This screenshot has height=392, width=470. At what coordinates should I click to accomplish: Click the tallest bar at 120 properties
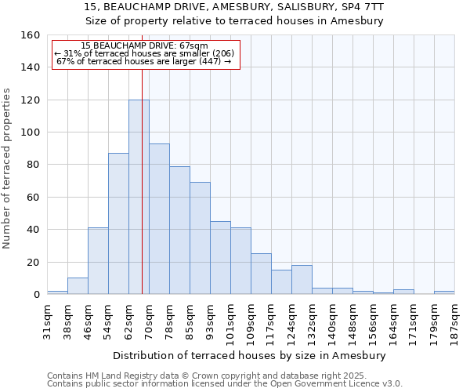click(139, 197)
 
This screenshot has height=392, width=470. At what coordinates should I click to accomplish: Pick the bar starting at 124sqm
click(302, 280)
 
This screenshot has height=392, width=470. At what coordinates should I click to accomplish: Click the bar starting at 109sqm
click(261, 274)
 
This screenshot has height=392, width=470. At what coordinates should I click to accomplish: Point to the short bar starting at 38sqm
click(78, 286)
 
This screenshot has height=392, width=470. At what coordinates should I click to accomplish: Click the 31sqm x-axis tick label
click(47, 320)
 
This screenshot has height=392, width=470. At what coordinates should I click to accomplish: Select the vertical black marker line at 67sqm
click(142, 235)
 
